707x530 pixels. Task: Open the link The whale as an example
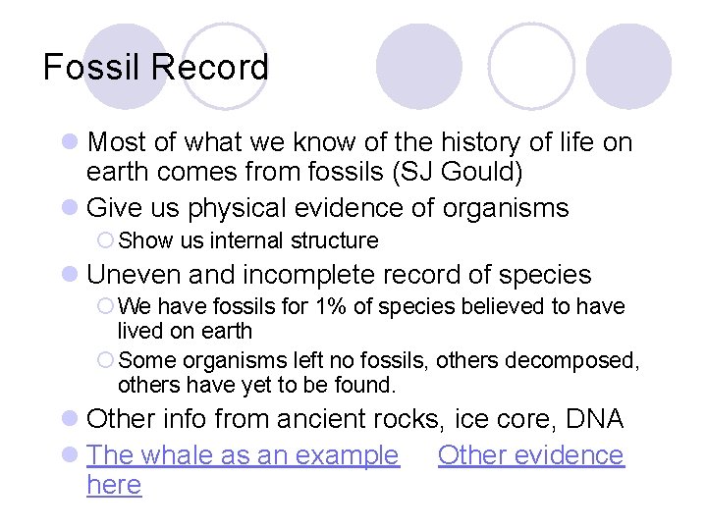point(243,455)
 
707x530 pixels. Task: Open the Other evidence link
point(530,455)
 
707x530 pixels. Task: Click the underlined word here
point(114,485)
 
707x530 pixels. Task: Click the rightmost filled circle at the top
point(628,66)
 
